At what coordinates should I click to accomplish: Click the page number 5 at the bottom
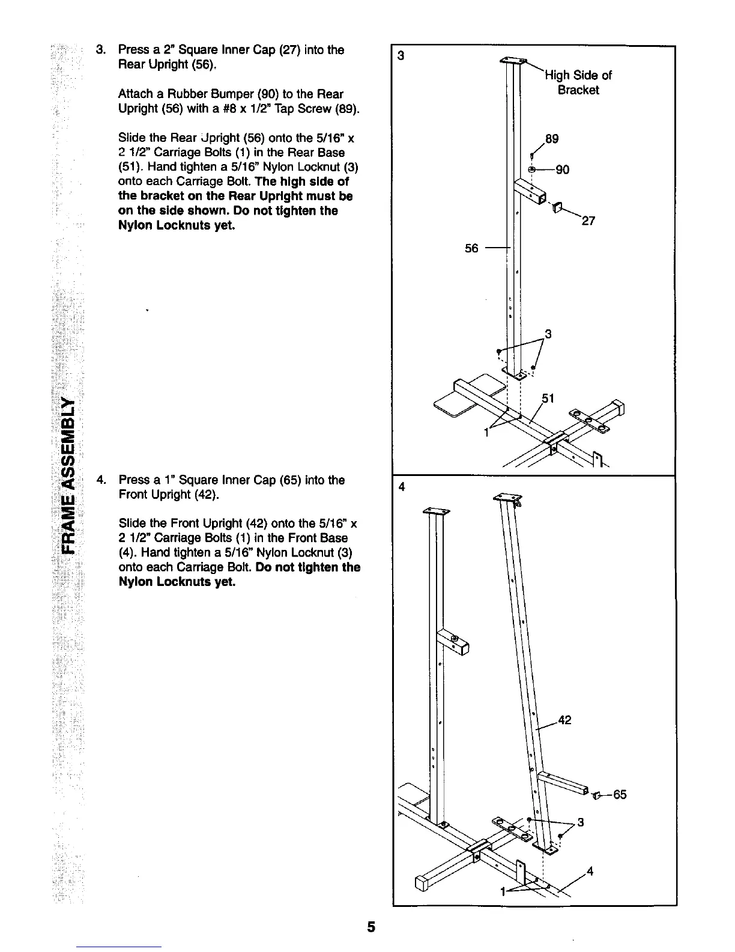point(371,927)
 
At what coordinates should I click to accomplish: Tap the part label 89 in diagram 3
point(551,139)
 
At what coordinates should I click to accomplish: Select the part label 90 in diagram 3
point(562,169)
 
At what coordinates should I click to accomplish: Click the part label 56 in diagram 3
point(472,248)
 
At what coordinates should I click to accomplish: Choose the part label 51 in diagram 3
point(548,398)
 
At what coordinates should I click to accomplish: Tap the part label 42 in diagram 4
point(565,719)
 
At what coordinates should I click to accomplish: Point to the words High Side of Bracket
point(578,82)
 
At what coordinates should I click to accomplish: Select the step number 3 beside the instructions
point(100,50)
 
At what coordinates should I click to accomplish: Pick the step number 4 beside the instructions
point(100,480)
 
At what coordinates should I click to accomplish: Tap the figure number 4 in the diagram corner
point(402,487)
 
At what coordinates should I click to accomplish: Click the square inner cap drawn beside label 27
point(556,208)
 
